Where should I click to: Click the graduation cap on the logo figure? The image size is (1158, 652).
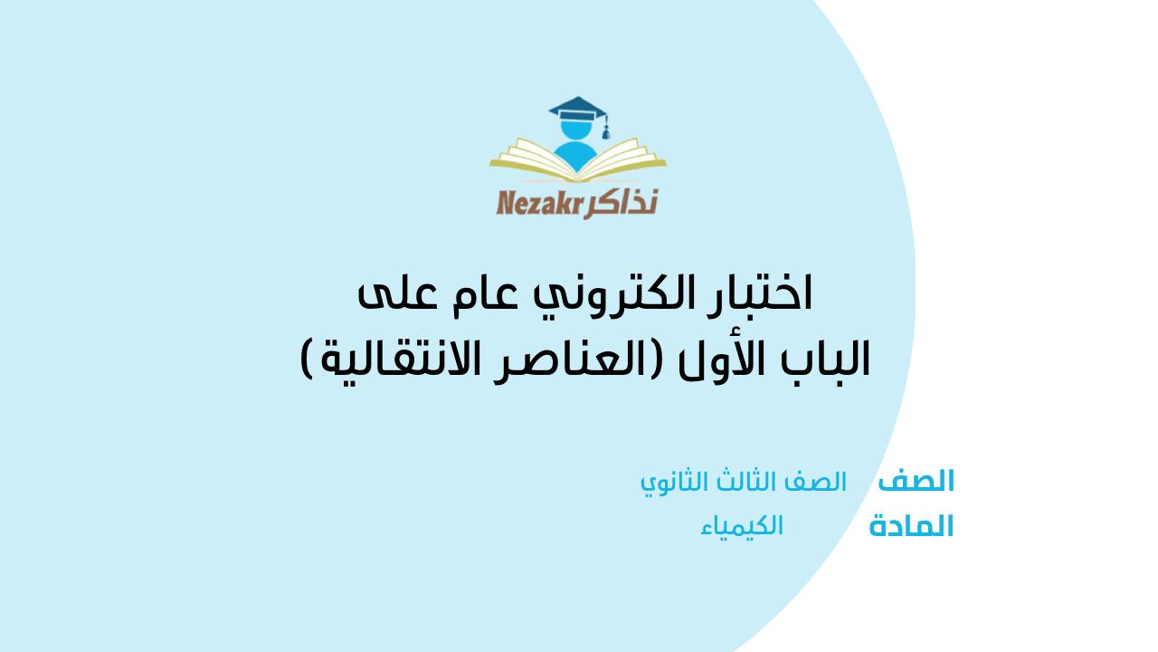point(577,110)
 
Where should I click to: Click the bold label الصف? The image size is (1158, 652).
point(916,482)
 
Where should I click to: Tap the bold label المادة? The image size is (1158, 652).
point(911,527)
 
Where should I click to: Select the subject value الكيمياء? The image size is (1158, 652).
point(742,526)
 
